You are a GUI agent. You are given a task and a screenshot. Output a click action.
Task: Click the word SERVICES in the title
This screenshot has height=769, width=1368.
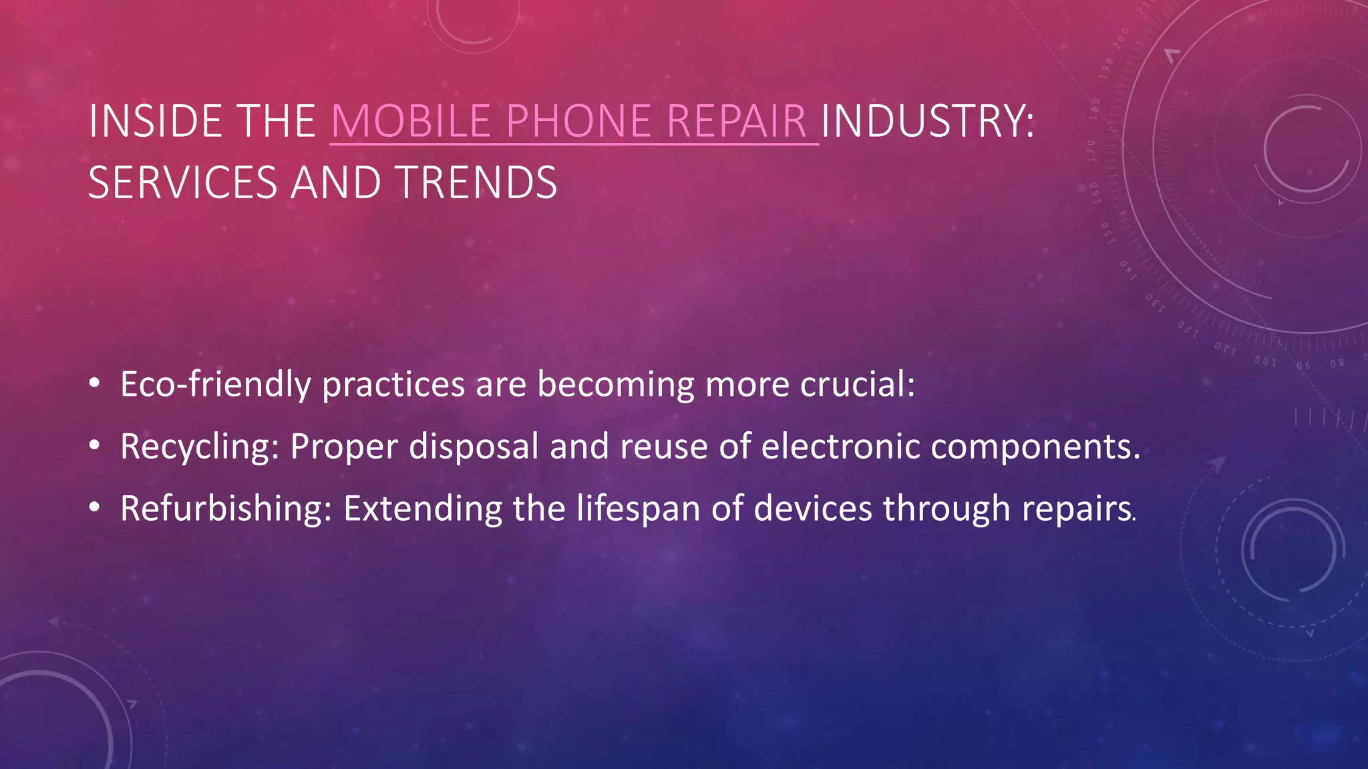pos(182,183)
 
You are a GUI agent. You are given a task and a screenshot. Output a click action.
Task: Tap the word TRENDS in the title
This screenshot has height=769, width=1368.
pos(476,183)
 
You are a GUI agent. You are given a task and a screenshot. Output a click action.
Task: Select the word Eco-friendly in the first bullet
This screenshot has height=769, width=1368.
pos(215,385)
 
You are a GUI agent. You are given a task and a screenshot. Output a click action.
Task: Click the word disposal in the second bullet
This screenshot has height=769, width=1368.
pos(473,447)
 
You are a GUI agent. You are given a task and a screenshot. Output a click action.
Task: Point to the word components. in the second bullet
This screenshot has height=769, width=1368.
pos(1035,447)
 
